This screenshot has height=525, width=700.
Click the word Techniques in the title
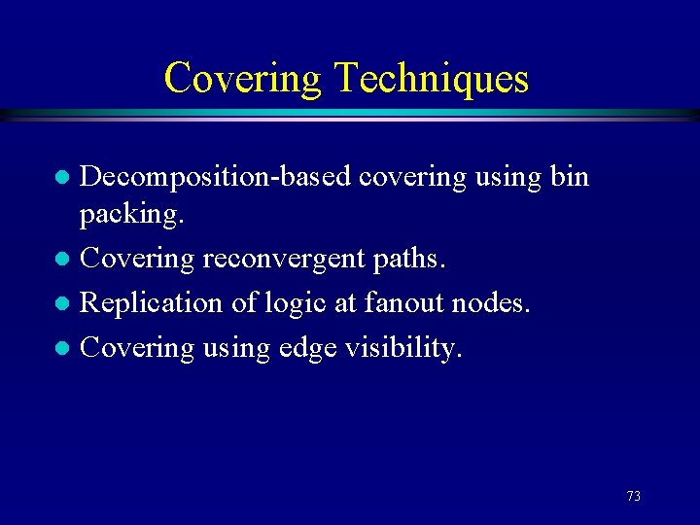coord(433,78)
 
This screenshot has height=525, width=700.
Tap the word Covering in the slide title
coord(242,78)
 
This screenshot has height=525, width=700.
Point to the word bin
coord(570,178)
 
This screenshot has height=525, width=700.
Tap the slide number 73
coord(634,496)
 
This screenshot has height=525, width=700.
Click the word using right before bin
coord(508,178)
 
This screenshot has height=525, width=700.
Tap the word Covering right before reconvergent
coord(137,260)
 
